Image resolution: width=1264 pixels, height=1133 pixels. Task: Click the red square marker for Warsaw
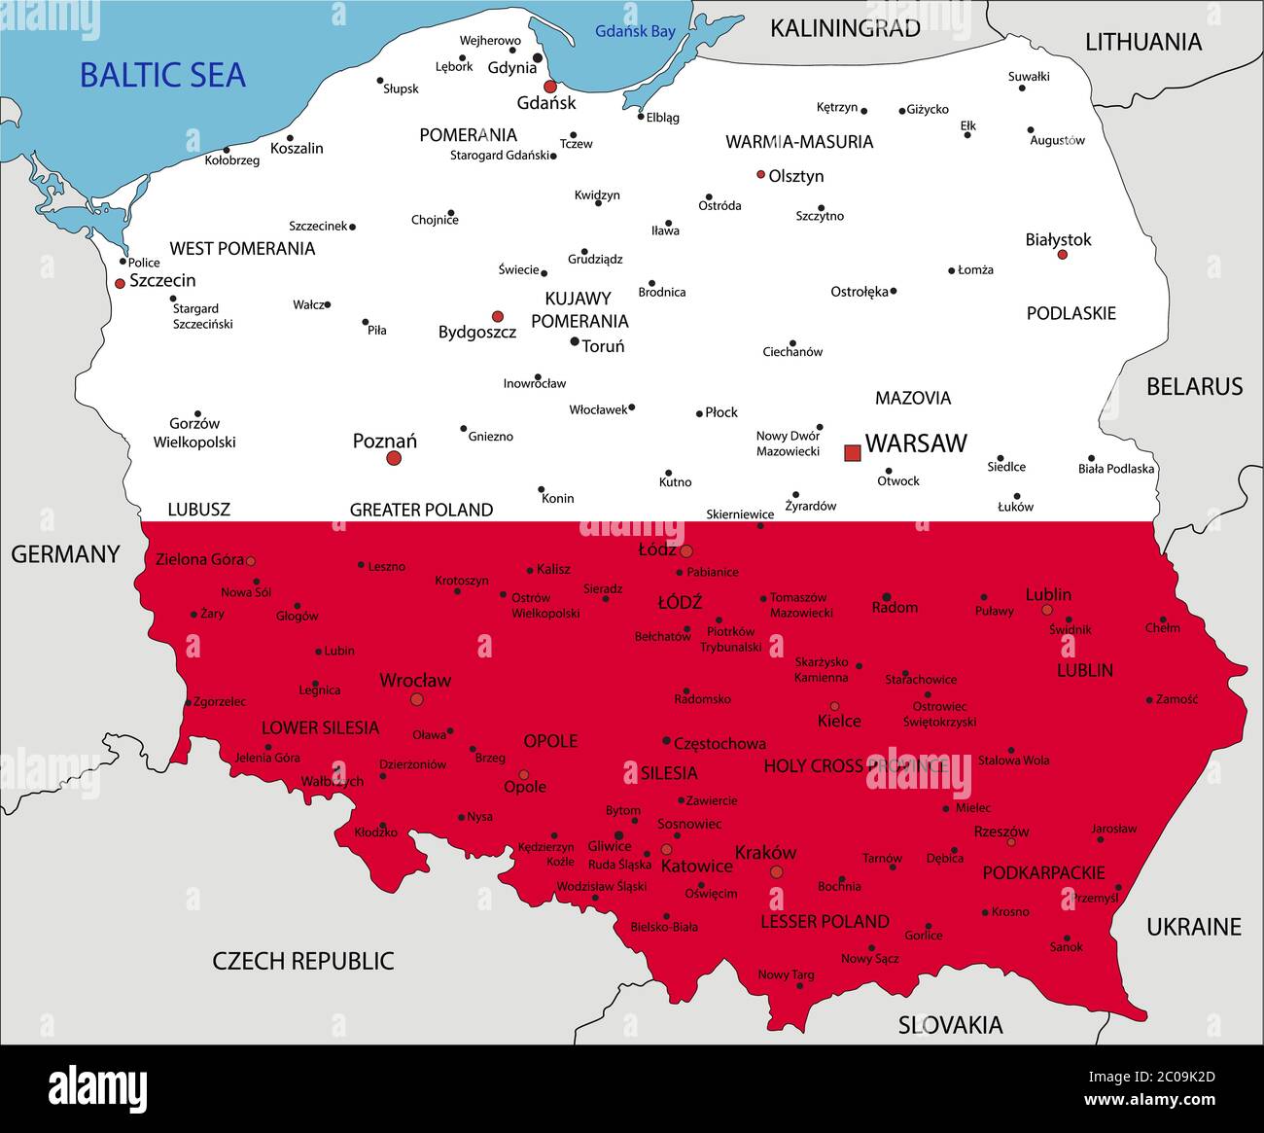[x=853, y=452]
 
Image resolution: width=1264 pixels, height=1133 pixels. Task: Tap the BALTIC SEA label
[x=162, y=76]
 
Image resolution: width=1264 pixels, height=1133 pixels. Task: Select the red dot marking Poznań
[x=394, y=457]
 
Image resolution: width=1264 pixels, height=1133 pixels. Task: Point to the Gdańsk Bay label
[x=635, y=31]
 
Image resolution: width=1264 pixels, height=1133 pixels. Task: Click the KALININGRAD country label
[x=845, y=28]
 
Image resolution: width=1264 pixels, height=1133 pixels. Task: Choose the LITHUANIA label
[x=1143, y=42]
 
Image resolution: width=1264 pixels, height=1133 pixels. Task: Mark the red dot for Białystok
[x=1062, y=255]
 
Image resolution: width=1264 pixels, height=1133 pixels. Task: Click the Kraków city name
[x=765, y=853]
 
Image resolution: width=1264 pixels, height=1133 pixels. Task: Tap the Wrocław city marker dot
[x=417, y=699]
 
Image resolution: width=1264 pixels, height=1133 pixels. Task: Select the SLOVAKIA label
[x=950, y=1025]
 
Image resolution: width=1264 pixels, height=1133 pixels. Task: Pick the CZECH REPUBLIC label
[x=303, y=961]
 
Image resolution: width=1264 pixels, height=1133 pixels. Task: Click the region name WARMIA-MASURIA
[x=799, y=142]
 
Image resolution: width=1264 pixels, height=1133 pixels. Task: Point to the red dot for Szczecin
[x=120, y=283]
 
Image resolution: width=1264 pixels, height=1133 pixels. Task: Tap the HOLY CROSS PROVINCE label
[x=855, y=766]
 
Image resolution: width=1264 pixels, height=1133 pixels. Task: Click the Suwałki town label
[x=1029, y=76]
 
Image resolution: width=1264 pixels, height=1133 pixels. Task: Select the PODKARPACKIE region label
[x=1043, y=873]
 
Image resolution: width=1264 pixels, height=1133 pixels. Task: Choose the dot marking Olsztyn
[x=760, y=175]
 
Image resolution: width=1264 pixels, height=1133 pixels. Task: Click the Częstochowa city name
[x=720, y=744]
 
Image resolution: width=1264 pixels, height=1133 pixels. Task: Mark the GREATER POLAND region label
[x=421, y=510]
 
